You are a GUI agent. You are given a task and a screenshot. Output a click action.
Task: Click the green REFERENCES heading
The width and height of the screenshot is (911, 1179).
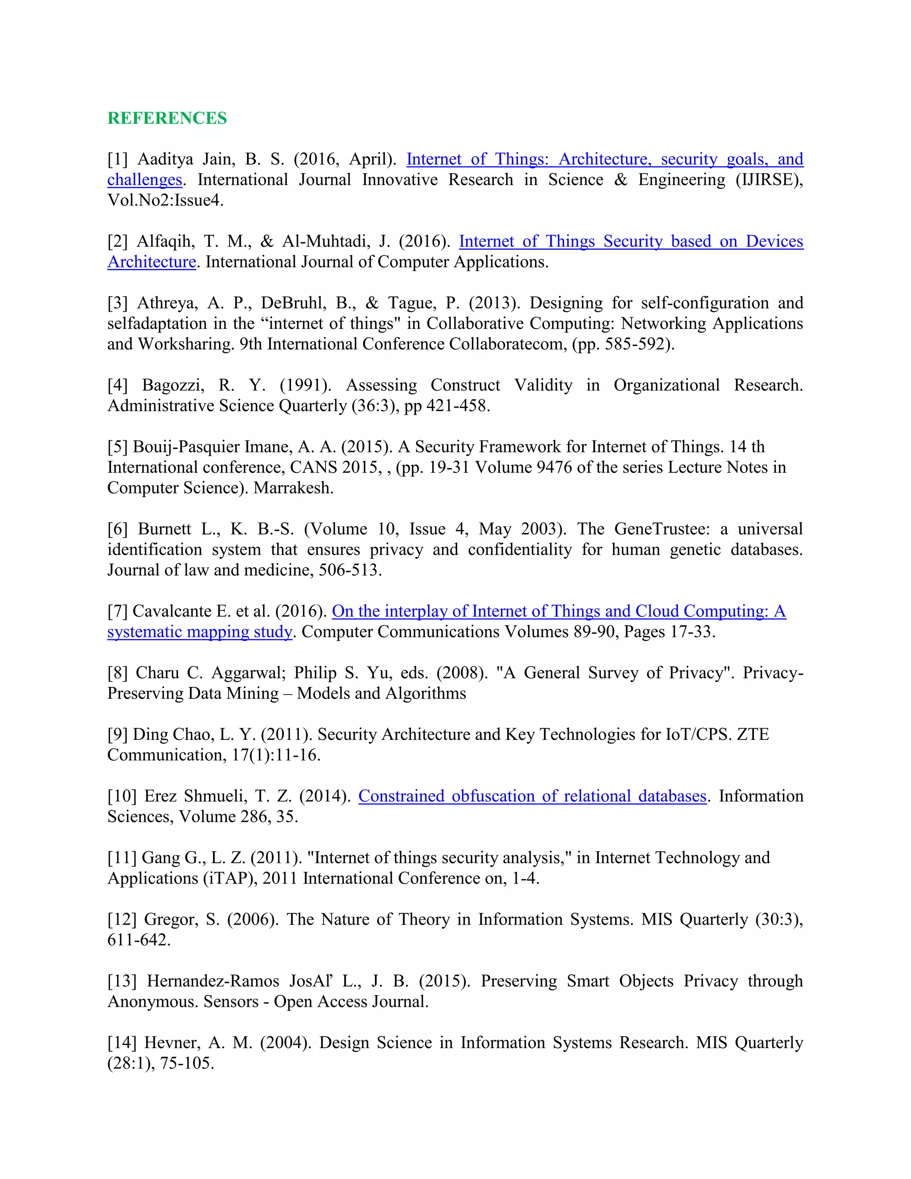coord(167,118)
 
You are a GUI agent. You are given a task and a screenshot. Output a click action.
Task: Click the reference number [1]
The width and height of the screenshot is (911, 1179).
coord(117,159)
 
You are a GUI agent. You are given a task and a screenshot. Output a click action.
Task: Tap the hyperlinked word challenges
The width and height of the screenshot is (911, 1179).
coord(145,180)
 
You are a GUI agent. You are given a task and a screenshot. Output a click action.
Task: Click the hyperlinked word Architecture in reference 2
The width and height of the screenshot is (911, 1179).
coord(152,262)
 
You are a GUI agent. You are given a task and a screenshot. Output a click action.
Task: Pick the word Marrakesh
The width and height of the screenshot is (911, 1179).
coord(294,488)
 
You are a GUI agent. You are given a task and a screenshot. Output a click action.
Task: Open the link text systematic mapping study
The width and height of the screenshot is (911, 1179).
coord(200,632)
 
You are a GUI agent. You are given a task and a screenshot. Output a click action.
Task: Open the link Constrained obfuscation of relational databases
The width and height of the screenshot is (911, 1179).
coord(532,796)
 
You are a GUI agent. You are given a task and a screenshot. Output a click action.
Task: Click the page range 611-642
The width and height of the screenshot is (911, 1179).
coord(139,940)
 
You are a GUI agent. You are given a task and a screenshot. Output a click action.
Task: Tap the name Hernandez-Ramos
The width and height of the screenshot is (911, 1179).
coord(213,981)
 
